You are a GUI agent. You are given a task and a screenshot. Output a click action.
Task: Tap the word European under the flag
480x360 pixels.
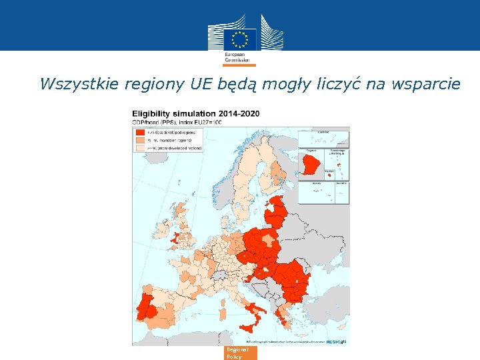point(234,53)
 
